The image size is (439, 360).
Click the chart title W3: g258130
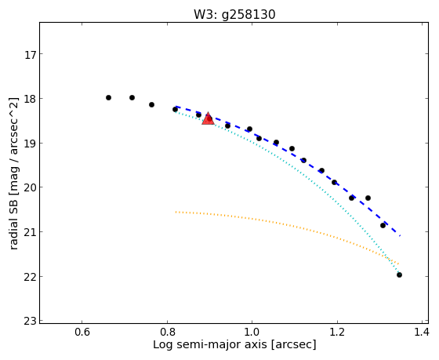pyautogui.click(x=234, y=14)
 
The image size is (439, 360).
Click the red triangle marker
pyautogui.click(x=208, y=118)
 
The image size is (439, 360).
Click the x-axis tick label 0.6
pyautogui.click(x=82, y=333)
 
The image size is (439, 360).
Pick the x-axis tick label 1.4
pyautogui.click(x=421, y=333)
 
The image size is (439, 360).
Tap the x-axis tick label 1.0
pyautogui.click(x=252, y=333)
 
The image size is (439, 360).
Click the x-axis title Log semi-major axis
pyautogui.click(x=210, y=344)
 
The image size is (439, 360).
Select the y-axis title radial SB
pyautogui.click(x=14, y=220)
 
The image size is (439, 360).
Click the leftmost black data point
pyautogui.click(x=109, y=97)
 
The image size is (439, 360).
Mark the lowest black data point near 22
pyautogui.click(x=399, y=275)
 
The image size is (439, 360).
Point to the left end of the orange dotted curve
pyautogui.click(x=176, y=212)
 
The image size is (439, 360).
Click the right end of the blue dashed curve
pyautogui.click(x=400, y=235)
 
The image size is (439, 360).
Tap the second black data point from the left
pyautogui.click(x=132, y=97)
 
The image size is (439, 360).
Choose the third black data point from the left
pyautogui.click(x=151, y=104)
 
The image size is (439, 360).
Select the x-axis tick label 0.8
pyautogui.click(x=167, y=333)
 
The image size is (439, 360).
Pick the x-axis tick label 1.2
pyautogui.click(x=337, y=333)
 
